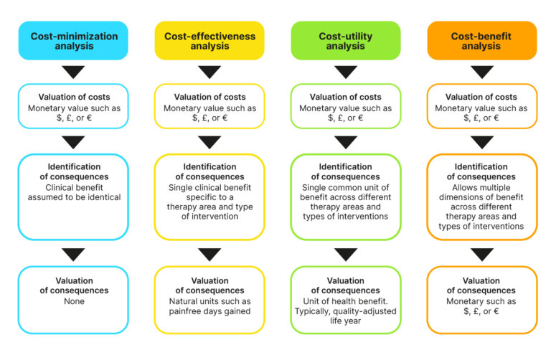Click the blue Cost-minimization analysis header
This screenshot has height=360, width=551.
[x=73, y=40]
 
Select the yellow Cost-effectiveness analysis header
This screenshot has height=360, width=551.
[x=209, y=40]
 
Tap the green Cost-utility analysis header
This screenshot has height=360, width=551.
[x=346, y=40]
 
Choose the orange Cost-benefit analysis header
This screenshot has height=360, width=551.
[x=481, y=40]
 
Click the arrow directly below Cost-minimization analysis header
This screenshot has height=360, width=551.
[x=73, y=72]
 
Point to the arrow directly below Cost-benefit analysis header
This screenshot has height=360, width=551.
[x=481, y=72]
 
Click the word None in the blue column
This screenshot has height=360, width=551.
[x=73, y=301]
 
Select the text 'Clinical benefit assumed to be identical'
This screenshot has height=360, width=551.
[x=73, y=193]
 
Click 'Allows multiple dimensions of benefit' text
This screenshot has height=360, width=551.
[x=481, y=193]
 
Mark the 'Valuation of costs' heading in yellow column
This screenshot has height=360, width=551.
[x=209, y=97]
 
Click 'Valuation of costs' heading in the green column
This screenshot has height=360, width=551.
[x=346, y=97]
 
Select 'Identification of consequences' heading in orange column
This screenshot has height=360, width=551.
[x=481, y=171]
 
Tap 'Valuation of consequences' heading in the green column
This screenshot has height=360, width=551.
[x=346, y=285]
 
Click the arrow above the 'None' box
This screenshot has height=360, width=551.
[x=73, y=254]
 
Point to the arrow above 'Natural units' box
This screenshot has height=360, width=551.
[x=209, y=254]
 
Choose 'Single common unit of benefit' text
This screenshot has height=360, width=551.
[x=346, y=193]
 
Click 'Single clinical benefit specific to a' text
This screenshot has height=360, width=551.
[x=209, y=193]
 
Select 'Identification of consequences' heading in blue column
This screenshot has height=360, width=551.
[x=73, y=171]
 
